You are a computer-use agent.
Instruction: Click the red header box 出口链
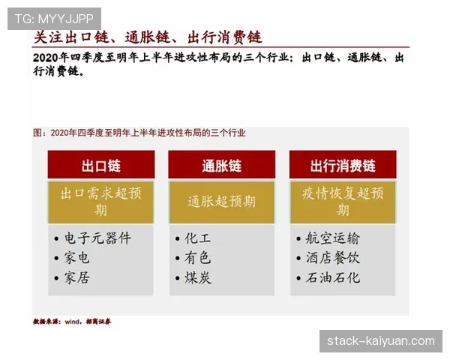click(101, 165)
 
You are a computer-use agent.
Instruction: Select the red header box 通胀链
click(221, 165)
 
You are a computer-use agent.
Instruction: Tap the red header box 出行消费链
click(343, 165)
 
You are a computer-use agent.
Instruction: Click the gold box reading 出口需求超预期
click(101, 201)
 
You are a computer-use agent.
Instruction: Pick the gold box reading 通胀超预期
click(221, 201)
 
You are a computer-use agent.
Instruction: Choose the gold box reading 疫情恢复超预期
click(343, 201)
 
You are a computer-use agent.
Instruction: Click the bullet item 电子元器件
click(97, 238)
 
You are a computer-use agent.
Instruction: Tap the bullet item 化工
click(198, 238)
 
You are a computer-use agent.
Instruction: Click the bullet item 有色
click(198, 258)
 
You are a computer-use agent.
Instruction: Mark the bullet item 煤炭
click(198, 277)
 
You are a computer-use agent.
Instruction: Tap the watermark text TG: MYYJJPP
click(54, 18)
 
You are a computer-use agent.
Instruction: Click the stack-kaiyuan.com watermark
click(380, 341)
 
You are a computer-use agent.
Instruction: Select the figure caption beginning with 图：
click(139, 133)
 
